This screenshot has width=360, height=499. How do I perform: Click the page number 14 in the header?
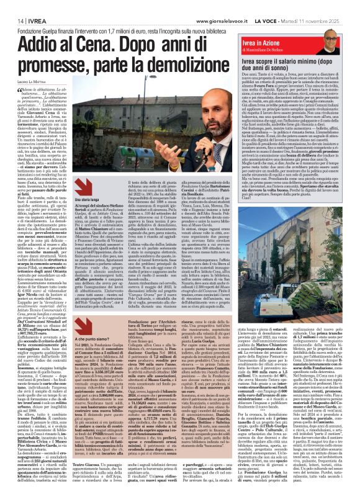click(x=13, y=7)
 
